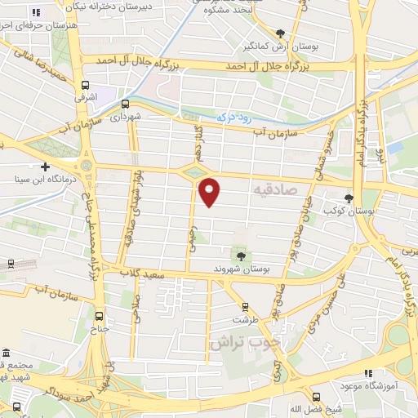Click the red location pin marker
tap(210, 193)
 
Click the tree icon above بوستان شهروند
tap(240, 256)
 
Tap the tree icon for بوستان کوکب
tap(349, 198)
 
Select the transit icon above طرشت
tap(241, 309)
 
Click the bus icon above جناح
tap(100, 316)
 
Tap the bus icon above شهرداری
tap(125, 104)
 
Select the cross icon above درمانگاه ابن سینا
tap(45, 167)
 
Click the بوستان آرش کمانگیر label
tap(291, 45)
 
